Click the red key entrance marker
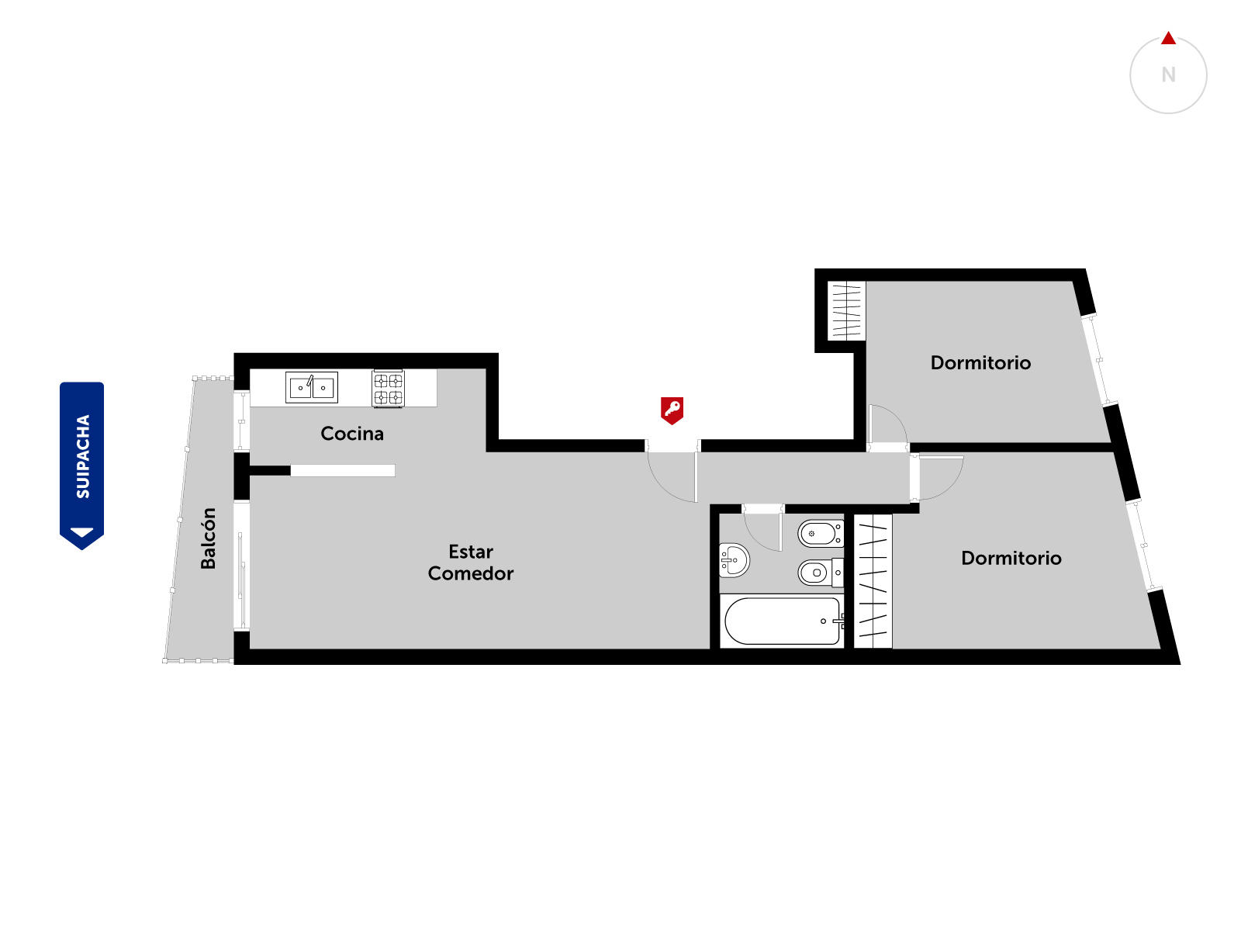click(x=672, y=410)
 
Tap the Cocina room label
click(x=351, y=434)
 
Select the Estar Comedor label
click(x=470, y=562)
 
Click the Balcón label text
click(x=208, y=538)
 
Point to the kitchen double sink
click(x=312, y=387)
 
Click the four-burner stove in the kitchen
click(x=388, y=389)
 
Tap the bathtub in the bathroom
click(x=783, y=621)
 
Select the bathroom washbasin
click(x=734, y=560)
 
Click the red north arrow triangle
click(x=1168, y=38)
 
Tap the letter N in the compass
click(x=1168, y=74)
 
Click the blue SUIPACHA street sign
click(x=82, y=465)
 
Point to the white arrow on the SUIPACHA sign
click(x=82, y=532)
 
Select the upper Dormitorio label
click(x=980, y=362)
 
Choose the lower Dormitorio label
click(x=1011, y=558)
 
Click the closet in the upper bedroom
click(x=846, y=311)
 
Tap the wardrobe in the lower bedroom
click(x=873, y=581)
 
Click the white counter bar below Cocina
click(x=343, y=470)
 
